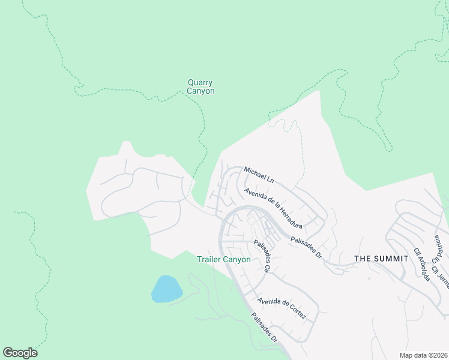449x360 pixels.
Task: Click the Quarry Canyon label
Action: (200, 87)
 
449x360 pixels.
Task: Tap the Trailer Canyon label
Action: (224, 260)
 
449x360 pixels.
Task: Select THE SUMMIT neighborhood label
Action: (381, 259)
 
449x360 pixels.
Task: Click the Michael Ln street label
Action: (259, 175)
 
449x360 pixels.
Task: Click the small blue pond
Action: (166, 289)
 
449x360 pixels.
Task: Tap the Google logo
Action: (20, 353)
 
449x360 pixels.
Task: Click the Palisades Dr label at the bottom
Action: (265, 328)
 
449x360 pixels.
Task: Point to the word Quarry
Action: (200, 83)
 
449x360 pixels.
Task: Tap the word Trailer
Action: (209, 260)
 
